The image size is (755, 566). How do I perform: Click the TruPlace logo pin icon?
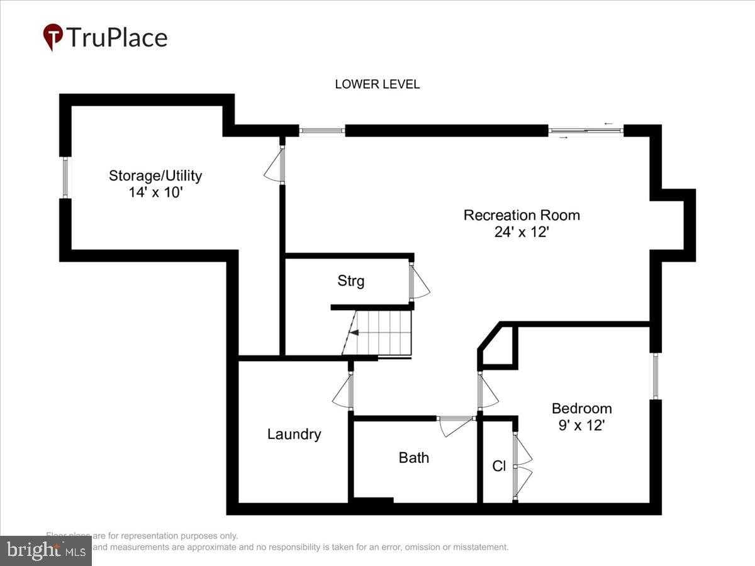click(53, 37)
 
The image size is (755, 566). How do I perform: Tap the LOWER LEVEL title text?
click(377, 84)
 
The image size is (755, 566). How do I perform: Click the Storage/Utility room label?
click(155, 175)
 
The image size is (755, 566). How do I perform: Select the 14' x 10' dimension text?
click(155, 192)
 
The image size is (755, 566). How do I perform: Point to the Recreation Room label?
click(522, 215)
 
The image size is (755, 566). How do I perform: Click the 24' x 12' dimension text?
click(522, 232)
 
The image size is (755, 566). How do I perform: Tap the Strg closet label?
click(350, 281)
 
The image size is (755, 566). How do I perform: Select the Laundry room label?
click(294, 434)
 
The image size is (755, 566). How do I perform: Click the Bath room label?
click(413, 458)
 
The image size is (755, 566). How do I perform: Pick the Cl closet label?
click(499, 467)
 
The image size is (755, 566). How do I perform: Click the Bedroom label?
click(581, 408)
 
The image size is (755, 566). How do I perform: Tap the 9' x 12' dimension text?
click(581, 425)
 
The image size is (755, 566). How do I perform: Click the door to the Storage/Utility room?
click(276, 165)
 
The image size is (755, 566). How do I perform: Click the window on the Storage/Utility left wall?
click(65, 177)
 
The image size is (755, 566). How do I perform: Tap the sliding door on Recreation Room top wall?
click(585, 131)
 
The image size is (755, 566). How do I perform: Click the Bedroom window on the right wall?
click(655, 376)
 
